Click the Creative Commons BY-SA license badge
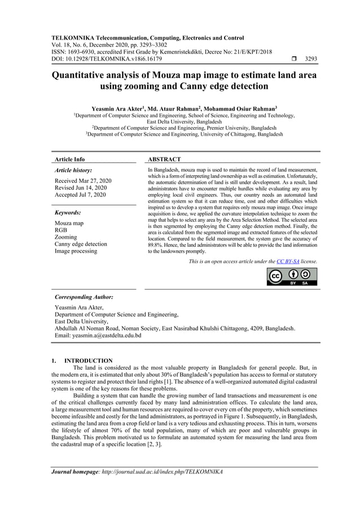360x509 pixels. pyautogui.click(x=292, y=277)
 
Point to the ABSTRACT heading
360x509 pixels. pyautogui.click(x=164, y=160)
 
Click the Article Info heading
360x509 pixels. pyautogui.click(x=69, y=160)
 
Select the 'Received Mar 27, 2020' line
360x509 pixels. pyautogui.click(x=83, y=181)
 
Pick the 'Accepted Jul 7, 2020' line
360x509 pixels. pyautogui.click(x=80, y=195)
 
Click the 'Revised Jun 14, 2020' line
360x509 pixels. pyautogui.click(x=81, y=188)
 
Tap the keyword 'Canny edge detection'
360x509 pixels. pyautogui.click(x=80, y=244)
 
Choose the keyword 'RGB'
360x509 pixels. pyautogui.click(x=60, y=230)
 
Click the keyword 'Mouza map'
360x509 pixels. pyautogui.click(x=69, y=223)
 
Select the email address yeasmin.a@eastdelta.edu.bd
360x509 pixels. pyautogui.click(x=106, y=335)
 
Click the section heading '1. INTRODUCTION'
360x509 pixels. pyautogui.click(x=82, y=361)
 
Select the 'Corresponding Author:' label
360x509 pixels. pyautogui.click(x=84, y=296)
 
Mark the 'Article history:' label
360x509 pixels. pyautogui.click(x=73, y=170)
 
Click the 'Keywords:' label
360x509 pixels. pyautogui.click(x=68, y=213)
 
